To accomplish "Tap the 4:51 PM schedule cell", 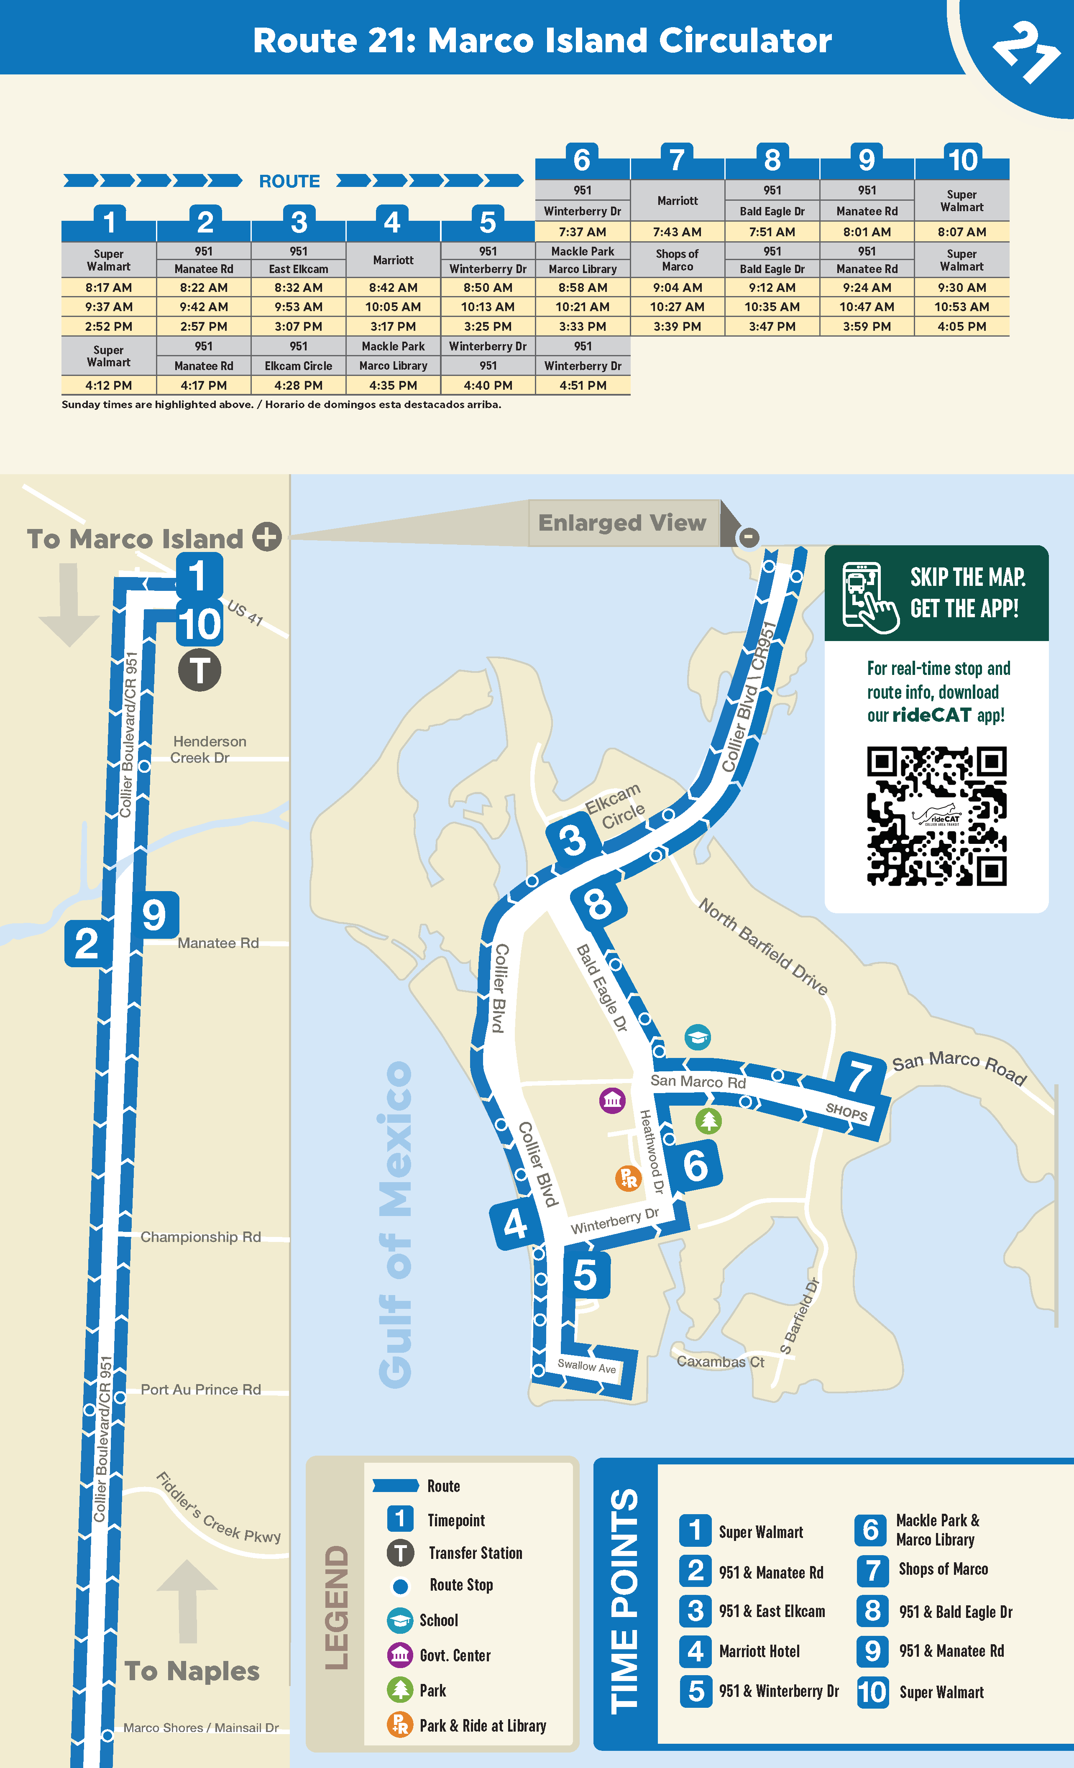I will pos(583,385).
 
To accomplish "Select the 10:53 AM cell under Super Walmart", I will pos(961,307).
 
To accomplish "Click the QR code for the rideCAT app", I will pos(936,816).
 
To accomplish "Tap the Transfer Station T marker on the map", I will pos(199,670).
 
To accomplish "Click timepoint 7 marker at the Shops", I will pos(860,1075).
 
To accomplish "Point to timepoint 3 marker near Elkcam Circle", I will pos(572,840).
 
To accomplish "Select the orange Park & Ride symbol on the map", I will pos(628,1178).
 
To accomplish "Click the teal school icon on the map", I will pos(697,1037).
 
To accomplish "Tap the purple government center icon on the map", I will pos(612,1100).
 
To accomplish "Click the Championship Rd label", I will pos(201,1237).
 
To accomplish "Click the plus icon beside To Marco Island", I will pos(267,537).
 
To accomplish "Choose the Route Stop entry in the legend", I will pos(460,1585).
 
